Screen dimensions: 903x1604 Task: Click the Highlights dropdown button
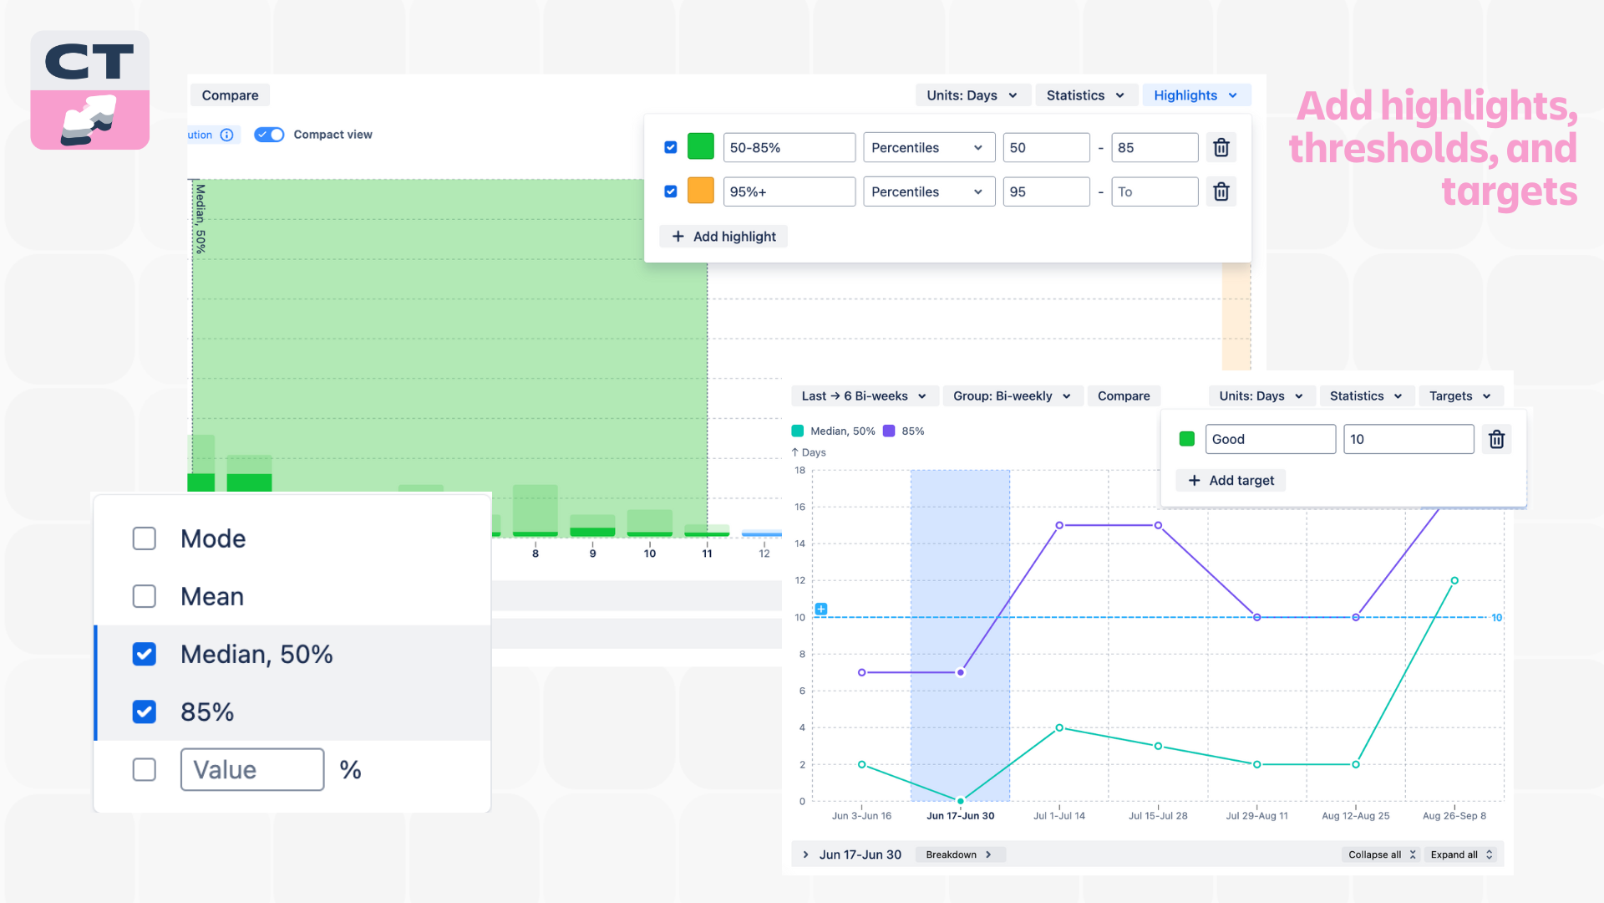click(1195, 95)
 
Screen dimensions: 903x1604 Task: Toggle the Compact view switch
click(269, 135)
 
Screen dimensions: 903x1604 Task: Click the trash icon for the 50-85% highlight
click(1221, 148)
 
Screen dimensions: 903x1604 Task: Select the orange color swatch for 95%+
click(700, 191)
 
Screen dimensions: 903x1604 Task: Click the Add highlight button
click(723, 237)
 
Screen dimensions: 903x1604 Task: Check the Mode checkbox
click(145, 538)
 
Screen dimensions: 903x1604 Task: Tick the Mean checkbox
click(145, 596)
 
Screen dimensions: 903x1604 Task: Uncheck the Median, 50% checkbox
click(145, 654)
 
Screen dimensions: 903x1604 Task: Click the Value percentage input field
click(251, 769)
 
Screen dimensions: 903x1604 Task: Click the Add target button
click(1231, 480)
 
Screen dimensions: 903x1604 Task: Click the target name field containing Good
click(1270, 439)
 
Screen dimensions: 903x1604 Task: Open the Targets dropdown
click(1459, 396)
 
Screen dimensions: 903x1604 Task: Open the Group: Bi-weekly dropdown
click(1012, 396)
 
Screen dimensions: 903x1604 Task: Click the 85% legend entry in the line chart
click(904, 431)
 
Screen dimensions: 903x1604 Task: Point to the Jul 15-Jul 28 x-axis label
click(1158, 816)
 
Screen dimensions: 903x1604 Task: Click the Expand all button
click(1461, 855)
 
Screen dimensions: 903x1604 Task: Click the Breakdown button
click(958, 855)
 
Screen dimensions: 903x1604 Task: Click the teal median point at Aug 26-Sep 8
click(1454, 580)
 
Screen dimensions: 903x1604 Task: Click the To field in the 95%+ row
click(1154, 192)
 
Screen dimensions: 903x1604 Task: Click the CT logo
click(90, 90)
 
